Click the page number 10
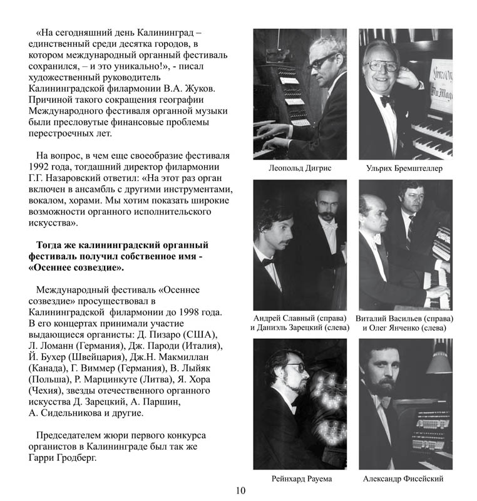[x=241, y=490]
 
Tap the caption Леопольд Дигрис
[x=299, y=168]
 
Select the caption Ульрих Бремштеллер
[x=405, y=168]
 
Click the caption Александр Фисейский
[x=403, y=479]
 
